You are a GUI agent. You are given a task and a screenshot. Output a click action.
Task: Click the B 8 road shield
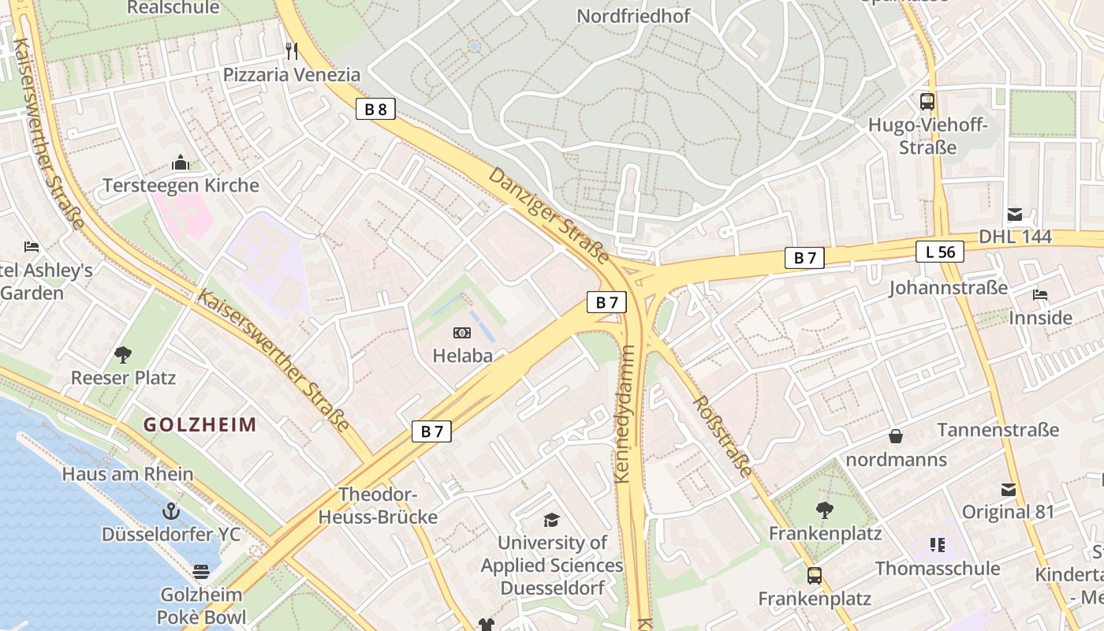pyautogui.click(x=375, y=109)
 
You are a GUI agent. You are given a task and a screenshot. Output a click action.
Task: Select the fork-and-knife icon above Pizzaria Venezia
pyautogui.click(x=292, y=51)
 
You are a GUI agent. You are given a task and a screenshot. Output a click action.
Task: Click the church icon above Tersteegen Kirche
pyautogui.click(x=181, y=163)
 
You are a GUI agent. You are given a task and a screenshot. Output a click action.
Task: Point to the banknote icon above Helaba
pyautogui.click(x=462, y=334)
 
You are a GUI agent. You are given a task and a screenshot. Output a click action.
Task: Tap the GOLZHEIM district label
pyautogui.click(x=200, y=425)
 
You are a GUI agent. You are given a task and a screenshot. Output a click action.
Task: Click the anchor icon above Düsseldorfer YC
pyautogui.click(x=170, y=510)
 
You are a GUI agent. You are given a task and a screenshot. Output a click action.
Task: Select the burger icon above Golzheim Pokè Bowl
pyautogui.click(x=201, y=571)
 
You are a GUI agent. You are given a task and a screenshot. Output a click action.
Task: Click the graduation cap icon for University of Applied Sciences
pyautogui.click(x=551, y=520)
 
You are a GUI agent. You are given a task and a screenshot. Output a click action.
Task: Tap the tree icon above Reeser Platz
pyautogui.click(x=123, y=354)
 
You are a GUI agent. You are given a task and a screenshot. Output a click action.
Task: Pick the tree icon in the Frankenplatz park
pyautogui.click(x=825, y=510)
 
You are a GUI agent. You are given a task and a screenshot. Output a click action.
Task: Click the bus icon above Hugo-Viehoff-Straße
pyautogui.click(x=927, y=101)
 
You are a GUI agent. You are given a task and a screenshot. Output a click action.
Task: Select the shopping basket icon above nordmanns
pyautogui.click(x=896, y=435)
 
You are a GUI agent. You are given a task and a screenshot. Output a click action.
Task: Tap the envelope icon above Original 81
pyautogui.click(x=1008, y=489)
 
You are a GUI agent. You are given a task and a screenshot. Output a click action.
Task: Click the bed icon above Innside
pyautogui.click(x=1040, y=295)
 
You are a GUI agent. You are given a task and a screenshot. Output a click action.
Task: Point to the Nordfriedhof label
pyautogui.click(x=633, y=16)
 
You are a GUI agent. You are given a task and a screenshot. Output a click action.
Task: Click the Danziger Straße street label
pyautogui.click(x=549, y=215)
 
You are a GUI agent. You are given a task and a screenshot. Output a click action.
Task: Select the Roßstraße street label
pyautogui.click(x=722, y=435)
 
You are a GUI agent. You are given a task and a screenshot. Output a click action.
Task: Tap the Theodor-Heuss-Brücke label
pyautogui.click(x=377, y=506)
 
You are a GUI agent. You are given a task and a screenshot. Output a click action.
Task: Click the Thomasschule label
pyautogui.click(x=938, y=568)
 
